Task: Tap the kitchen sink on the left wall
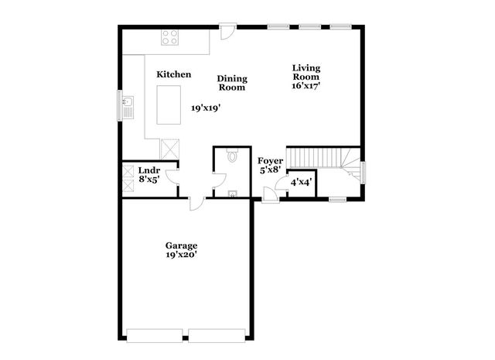[x=128, y=105]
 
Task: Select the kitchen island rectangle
[x=169, y=105]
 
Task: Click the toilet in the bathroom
[x=232, y=157]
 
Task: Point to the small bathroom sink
[x=231, y=193]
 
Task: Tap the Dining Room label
[x=231, y=83]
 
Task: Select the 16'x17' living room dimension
[x=306, y=86]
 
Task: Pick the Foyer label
[x=271, y=161]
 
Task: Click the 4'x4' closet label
[x=301, y=183]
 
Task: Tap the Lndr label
[x=148, y=170]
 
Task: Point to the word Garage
[x=180, y=246]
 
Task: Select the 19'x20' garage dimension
[x=180, y=255]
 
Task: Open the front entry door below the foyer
[x=270, y=195]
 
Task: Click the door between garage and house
[x=197, y=203]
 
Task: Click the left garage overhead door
[x=155, y=336]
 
